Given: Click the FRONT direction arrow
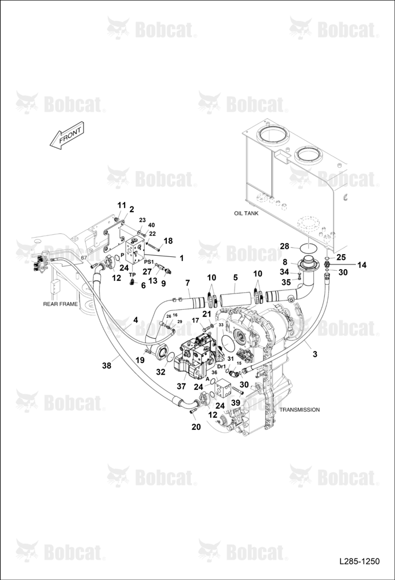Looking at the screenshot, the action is coord(67,135).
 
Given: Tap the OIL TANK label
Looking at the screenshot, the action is coord(246,213).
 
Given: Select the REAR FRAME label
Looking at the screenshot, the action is coord(61,304).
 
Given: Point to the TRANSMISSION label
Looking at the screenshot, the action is coord(299,409).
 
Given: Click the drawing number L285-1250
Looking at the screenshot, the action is coord(360,561).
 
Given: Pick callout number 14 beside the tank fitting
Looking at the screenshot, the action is coord(362,265).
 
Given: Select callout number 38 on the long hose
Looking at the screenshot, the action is coord(107,366).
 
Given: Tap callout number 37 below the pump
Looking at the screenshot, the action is coord(181,386).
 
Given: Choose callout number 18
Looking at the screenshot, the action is coord(168,241).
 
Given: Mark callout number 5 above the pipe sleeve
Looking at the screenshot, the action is coord(235,277).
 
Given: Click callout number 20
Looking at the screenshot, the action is coord(196,427).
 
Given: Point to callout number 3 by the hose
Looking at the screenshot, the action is coord(315,354).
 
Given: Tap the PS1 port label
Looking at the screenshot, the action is coord(148,262).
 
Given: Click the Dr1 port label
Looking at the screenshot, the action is coord(221,366).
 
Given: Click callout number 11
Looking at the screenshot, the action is coord(122,205).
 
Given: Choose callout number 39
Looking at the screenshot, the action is coord(236,403).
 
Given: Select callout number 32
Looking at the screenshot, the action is coord(160,372).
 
